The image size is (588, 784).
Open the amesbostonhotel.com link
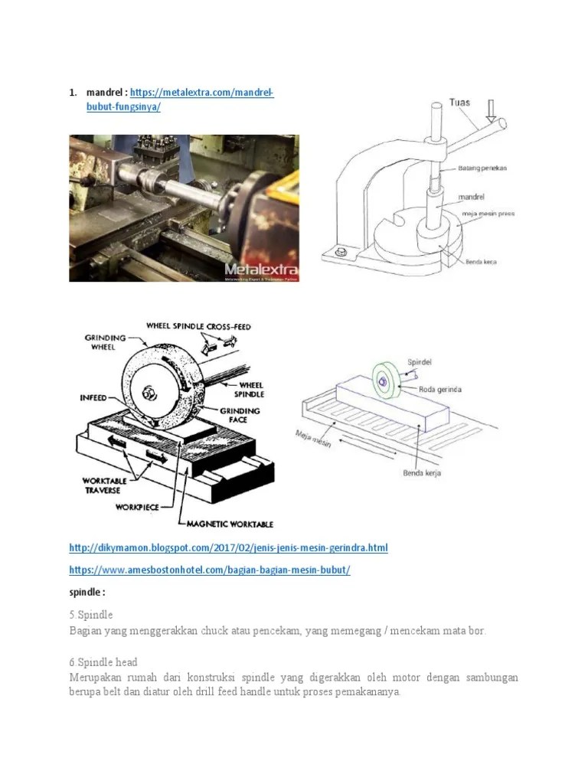click(x=210, y=570)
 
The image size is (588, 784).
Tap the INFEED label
click(x=93, y=398)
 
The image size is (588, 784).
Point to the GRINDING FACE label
click(x=241, y=416)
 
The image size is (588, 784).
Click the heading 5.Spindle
click(x=90, y=615)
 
